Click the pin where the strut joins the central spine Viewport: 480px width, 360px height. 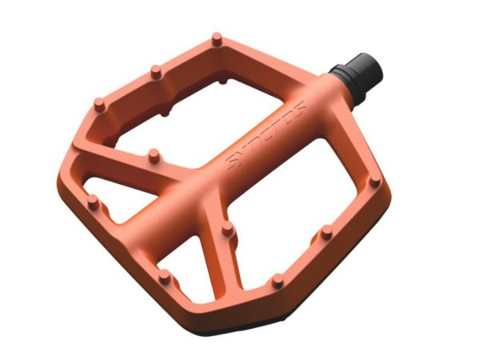pos(227,227)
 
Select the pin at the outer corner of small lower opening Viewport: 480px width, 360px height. pos(164,274)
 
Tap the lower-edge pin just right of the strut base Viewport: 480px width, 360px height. pos(277,280)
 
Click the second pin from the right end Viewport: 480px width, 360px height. pos(326,232)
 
